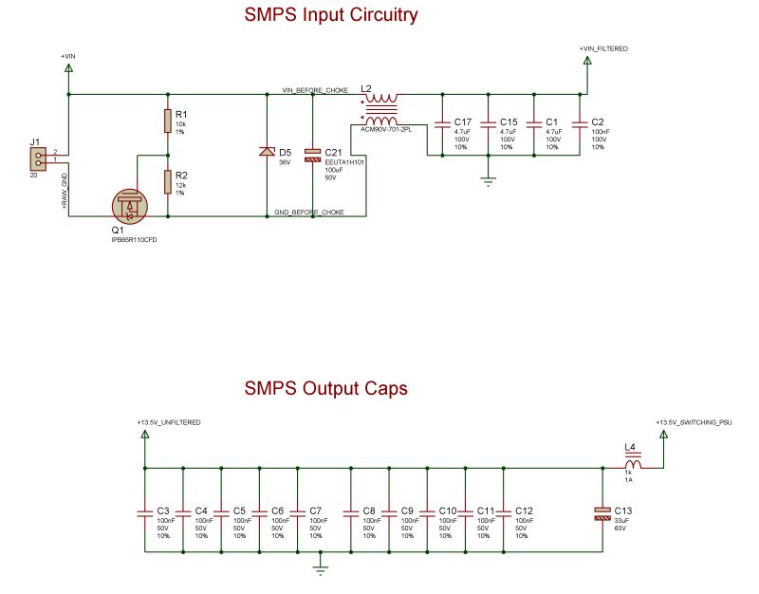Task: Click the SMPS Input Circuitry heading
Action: tap(330, 16)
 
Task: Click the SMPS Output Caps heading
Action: tap(325, 388)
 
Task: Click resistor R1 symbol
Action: tap(168, 121)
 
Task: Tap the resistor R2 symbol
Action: tap(168, 181)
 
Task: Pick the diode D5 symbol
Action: tap(267, 153)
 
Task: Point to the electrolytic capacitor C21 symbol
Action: tap(313, 154)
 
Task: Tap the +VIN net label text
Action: tap(67, 57)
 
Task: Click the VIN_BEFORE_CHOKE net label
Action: tap(315, 90)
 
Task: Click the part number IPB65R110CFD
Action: tap(134, 240)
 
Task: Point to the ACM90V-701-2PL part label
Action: tap(385, 130)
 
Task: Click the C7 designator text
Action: tap(316, 511)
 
